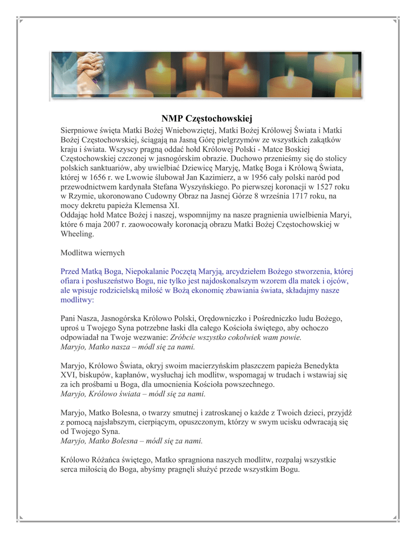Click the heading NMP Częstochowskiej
tap(207, 118)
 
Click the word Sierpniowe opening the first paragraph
tap(79, 129)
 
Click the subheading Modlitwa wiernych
tap(93, 253)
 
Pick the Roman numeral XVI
tap(69, 376)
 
